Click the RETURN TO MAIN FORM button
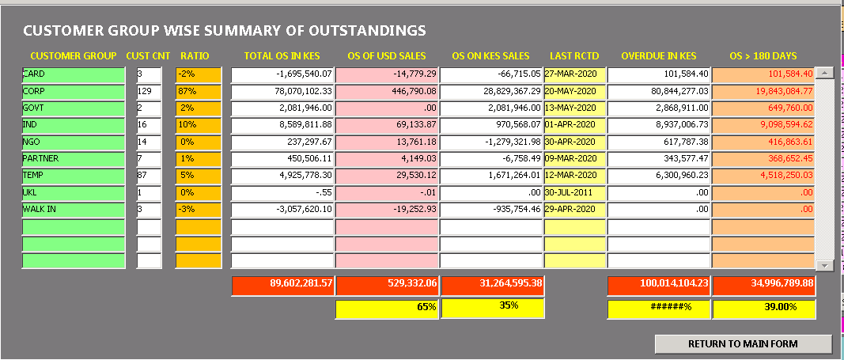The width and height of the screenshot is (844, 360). click(743, 344)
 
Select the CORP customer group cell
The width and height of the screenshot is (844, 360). click(74, 92)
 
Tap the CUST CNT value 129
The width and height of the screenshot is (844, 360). click(149, 92)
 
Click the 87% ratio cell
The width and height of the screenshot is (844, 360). click(199, 92)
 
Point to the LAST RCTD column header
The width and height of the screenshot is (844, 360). click(574, 56)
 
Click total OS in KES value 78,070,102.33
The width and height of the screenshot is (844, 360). click(282, 92)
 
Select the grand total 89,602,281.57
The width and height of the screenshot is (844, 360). click(282, 286)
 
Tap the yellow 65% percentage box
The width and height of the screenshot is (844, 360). click(387, 309)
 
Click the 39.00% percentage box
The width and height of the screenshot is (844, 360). click(764, 309)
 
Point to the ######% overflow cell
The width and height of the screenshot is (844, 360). click(660, 309)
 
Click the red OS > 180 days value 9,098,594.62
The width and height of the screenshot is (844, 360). click(763, 126)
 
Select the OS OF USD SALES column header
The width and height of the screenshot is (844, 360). click(387, 56)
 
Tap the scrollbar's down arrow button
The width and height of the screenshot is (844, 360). click(825, 266)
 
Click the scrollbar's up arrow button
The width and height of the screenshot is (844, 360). click(825, 73)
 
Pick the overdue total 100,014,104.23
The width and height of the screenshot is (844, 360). click(660, 286)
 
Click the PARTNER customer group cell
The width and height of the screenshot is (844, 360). click(74, 160)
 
